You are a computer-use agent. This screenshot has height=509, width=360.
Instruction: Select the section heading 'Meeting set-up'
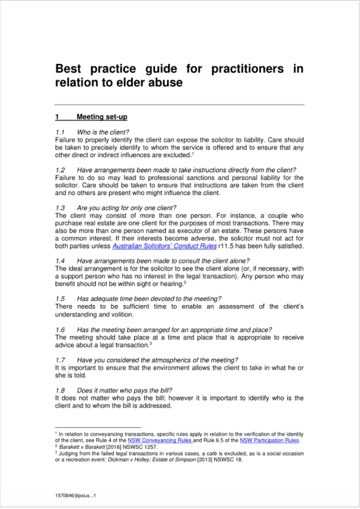(x=102, y=117)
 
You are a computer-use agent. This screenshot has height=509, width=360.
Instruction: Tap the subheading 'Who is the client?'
(x=103, y=132)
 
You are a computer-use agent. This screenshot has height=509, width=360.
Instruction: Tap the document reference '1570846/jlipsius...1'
(x=76, y=496)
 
